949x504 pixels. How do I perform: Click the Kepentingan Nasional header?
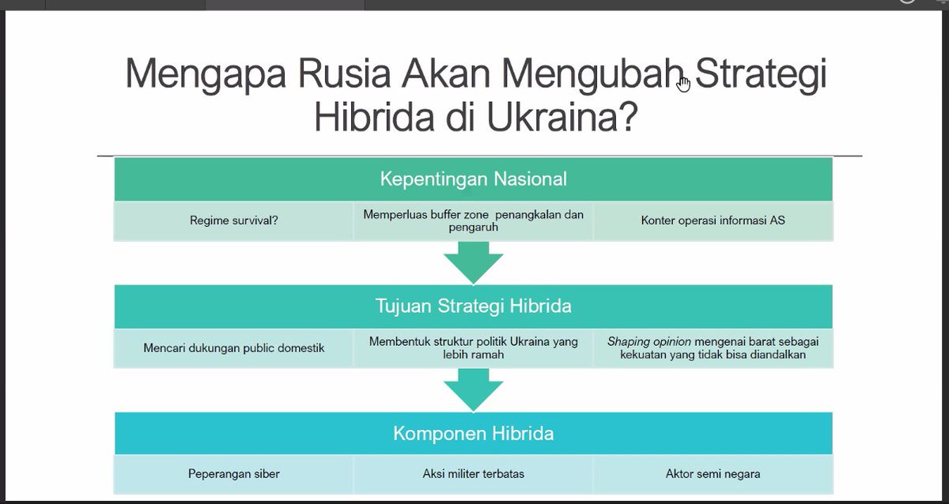[473, 179]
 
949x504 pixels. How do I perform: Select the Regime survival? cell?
[233, 220]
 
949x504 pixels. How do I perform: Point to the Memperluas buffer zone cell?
[473, 220]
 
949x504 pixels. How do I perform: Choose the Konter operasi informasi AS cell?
[713, 220]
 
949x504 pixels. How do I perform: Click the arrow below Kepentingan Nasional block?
[473, 261]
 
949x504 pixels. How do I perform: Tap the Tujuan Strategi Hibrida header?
[473, 306]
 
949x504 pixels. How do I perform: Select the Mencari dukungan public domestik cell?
[233, 348]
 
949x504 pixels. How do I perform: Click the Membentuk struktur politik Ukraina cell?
[473, 348]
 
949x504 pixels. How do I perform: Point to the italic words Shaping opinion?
[648, 342]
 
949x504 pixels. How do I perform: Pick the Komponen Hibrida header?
[473, 434]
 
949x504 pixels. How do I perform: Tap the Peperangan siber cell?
[233, 474]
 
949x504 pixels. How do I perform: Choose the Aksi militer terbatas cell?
[473, 474]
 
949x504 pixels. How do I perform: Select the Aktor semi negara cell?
[713, 474]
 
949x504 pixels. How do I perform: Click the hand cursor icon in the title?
[683, 84]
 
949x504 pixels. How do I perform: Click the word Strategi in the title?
[761, 75]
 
